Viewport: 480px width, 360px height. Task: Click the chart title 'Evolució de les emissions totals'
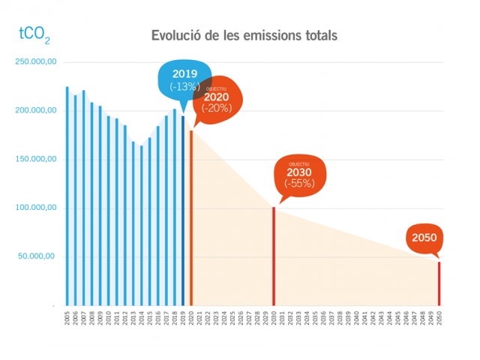[244, 35]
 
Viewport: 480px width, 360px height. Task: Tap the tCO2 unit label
[34, 34]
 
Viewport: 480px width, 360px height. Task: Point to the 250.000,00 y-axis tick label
[36, 62]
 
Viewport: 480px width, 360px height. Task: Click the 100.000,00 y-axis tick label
[36, 208]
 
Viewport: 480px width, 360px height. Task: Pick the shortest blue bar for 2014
[141, 226]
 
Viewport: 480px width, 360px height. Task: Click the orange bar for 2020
[191, 218]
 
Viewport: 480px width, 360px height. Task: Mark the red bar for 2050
[439, 283]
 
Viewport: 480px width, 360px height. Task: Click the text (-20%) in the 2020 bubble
[217, 107]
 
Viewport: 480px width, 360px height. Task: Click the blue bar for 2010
[108, 211]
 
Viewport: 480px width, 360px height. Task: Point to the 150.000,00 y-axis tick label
[36, 160]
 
